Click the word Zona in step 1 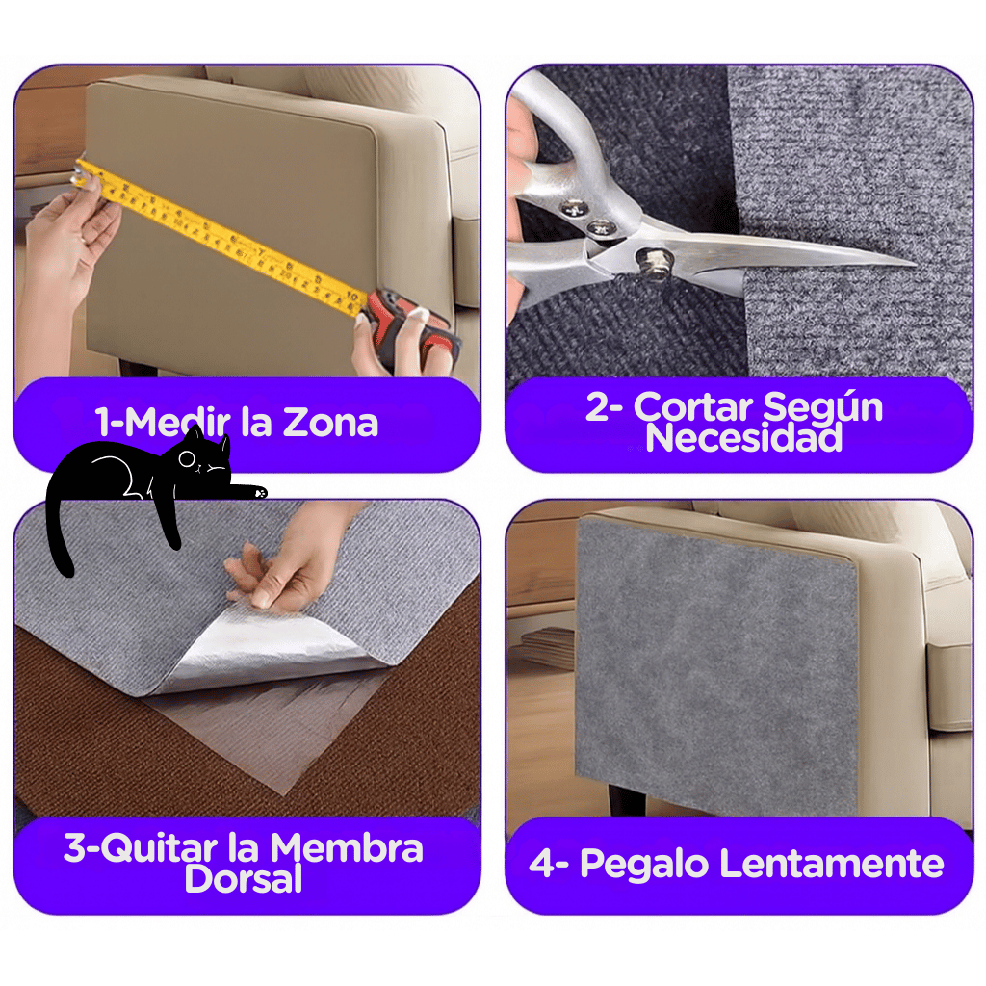[330, 422]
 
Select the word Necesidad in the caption [744, 438]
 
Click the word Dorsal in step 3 [244, 878]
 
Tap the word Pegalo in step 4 [644, 865]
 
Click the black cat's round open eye [187, 459]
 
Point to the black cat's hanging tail [59, 529]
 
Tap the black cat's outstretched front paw [254, 491]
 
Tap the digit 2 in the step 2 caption [597, 407]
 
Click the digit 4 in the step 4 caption [541, 863]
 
